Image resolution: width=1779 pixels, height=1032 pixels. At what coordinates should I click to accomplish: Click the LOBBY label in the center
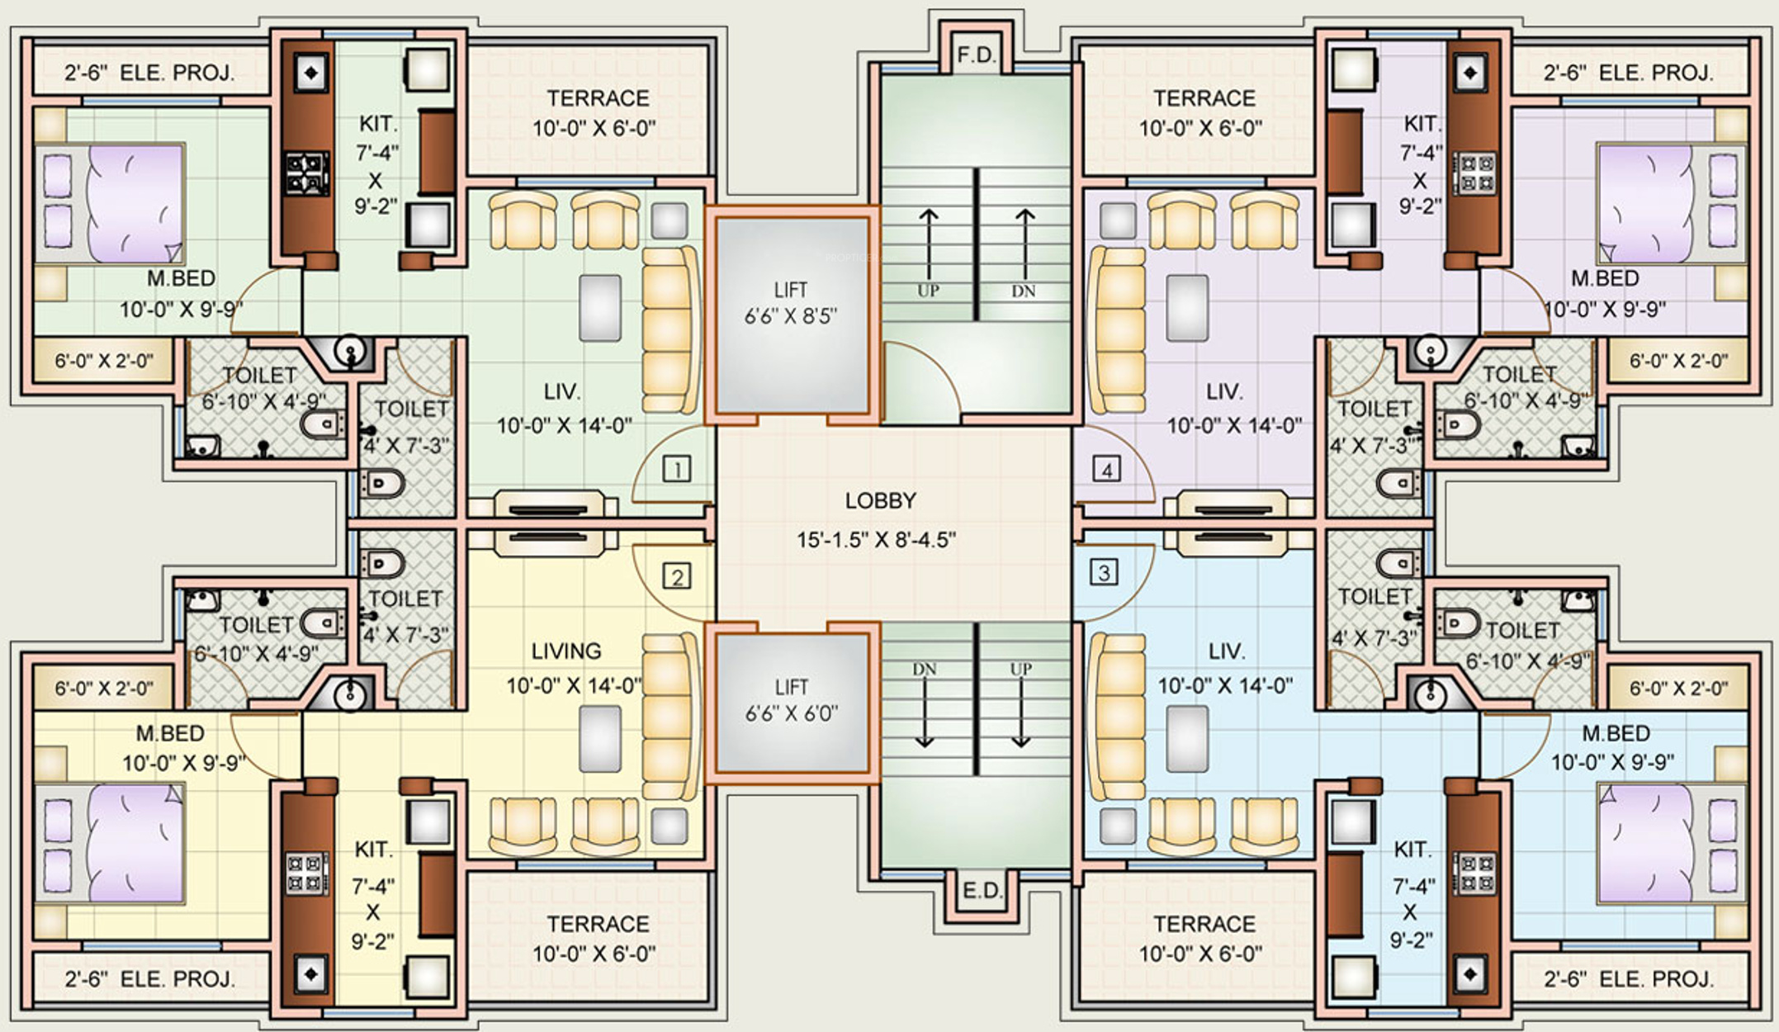coord(880,501)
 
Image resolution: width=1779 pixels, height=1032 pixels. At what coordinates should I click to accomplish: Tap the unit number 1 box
coord(677,470)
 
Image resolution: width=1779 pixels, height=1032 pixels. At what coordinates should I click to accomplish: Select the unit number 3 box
coord(1105,571)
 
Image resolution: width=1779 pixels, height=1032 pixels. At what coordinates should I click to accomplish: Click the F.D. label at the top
coord(977,55)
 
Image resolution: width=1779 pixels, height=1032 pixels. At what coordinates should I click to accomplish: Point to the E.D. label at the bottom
coord(982,891)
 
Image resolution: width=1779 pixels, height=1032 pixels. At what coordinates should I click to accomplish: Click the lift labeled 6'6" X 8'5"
coord(791,314)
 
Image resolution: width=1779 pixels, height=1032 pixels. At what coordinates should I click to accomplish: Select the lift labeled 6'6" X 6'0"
coord(791,702)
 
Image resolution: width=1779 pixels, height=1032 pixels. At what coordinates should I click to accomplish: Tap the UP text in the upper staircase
coord(928,291)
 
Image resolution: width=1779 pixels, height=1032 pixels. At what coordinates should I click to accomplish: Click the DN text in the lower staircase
coord(925,669)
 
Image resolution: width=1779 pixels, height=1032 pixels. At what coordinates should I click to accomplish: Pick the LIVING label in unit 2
coord(566,651)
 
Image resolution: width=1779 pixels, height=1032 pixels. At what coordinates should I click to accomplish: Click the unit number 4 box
coord(1106,470)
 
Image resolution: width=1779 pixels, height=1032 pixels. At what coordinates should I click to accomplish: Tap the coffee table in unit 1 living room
coord(600,308)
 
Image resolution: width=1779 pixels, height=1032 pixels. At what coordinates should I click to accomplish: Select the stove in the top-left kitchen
coord(308,173)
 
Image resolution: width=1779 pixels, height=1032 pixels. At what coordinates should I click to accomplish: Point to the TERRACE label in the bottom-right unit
coord(1204,924)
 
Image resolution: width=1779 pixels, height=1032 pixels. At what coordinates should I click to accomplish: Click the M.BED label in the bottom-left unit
coord(170,733)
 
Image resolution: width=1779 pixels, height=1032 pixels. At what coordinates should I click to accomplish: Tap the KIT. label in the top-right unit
coord(1421,124)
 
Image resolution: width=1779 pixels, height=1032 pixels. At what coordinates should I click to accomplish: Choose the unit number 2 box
coord(677,576)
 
